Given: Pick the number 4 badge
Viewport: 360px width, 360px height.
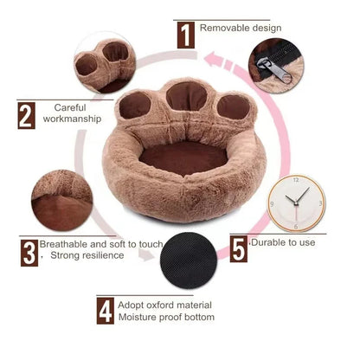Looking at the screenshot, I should click(106, 311).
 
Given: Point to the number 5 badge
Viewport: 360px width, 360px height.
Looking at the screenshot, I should click(239, 248).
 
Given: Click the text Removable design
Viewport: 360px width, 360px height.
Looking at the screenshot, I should click(241, 28).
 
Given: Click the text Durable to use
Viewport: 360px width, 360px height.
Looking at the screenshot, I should click(282, 243).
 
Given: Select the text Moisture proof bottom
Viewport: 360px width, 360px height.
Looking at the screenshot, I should click(167, 318).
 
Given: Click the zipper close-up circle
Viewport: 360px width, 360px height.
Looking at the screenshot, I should click(277, 62).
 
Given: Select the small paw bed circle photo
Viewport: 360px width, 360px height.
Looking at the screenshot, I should click(104, 62).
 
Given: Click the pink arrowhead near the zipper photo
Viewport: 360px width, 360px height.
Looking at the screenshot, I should click(217, 60).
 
